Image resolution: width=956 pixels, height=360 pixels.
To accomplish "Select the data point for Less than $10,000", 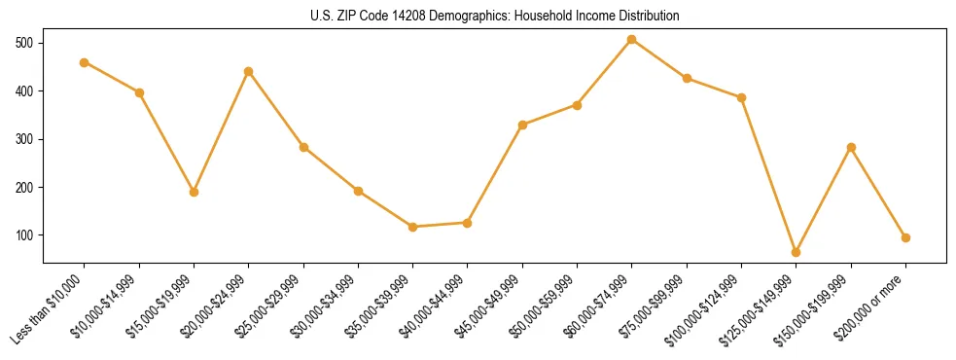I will click(85, 62).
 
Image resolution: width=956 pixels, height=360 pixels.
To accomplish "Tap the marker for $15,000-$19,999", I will click(194, 192).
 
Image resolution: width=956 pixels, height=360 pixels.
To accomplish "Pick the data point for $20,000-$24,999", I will click(249, 71).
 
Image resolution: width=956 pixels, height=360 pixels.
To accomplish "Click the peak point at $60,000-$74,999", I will click(632, 39).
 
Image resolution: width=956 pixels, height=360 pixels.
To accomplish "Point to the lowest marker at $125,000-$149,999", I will click(797, 252).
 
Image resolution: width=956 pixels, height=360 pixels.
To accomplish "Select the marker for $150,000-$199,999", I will click(851, 147).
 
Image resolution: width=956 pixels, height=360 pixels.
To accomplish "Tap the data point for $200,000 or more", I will click(905, 237).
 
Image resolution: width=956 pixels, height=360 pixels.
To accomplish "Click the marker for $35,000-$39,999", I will click(413, 227).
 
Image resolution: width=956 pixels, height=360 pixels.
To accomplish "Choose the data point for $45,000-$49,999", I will click(522, 125).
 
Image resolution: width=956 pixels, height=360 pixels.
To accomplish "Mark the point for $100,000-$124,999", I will click(742, 97).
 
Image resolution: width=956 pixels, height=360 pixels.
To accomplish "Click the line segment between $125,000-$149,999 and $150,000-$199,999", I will click(824, 199).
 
